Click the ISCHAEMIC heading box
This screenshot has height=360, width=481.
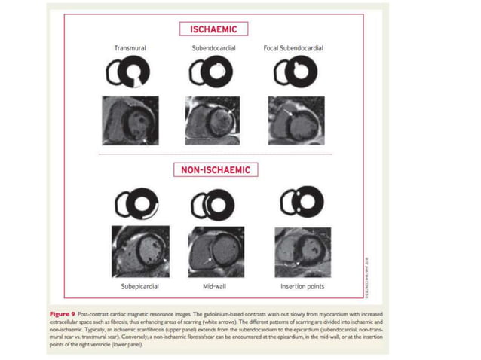[207, 29]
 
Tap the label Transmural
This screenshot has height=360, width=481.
[130, 48]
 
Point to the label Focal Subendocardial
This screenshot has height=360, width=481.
[293, 48]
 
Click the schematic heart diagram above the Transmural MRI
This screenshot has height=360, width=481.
[129, 74]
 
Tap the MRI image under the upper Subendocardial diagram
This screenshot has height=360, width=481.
[212, 120]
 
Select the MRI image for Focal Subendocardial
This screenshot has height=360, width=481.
[296, 119]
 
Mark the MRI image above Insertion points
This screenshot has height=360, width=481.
[299, 252]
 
